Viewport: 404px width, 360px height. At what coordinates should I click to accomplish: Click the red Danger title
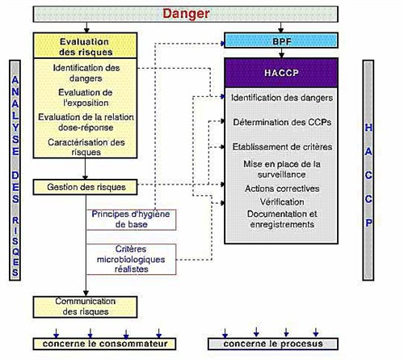click(186, 14)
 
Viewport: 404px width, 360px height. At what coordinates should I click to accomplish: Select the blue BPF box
click(281, 40)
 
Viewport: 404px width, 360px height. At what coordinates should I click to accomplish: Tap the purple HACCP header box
click(281, 73)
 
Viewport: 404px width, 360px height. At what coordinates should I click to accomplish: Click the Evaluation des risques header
click(85, 45)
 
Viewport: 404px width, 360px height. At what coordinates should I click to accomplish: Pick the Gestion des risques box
click(85, 187)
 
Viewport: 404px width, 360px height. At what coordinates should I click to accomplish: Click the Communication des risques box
click(85, 307)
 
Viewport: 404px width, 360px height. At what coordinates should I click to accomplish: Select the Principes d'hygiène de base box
click(131, 219)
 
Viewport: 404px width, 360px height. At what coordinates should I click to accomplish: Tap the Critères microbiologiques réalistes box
click(131, 259)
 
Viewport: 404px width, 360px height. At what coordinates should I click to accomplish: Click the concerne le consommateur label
click(105, 344)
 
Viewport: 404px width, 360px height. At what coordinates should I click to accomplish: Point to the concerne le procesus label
click(273, 344)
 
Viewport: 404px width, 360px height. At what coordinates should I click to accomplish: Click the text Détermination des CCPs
click(282, 122)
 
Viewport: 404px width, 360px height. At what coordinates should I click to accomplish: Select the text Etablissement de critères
click(282, 147)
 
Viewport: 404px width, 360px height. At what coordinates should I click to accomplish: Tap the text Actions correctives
click(282, 188)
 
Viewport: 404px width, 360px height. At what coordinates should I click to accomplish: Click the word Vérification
click(282, 201)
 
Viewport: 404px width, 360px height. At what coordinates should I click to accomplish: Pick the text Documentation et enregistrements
click(282, 219)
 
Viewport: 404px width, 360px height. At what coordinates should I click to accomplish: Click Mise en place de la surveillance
click(282, 169)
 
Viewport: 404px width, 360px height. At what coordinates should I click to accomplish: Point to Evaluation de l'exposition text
click(86, 98)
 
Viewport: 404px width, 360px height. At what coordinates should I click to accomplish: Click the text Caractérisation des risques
click(86, 147)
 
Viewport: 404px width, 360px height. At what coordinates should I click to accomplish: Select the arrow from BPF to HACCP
click(281, 53)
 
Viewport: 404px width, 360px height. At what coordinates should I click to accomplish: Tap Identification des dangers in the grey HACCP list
click(282, 98)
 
